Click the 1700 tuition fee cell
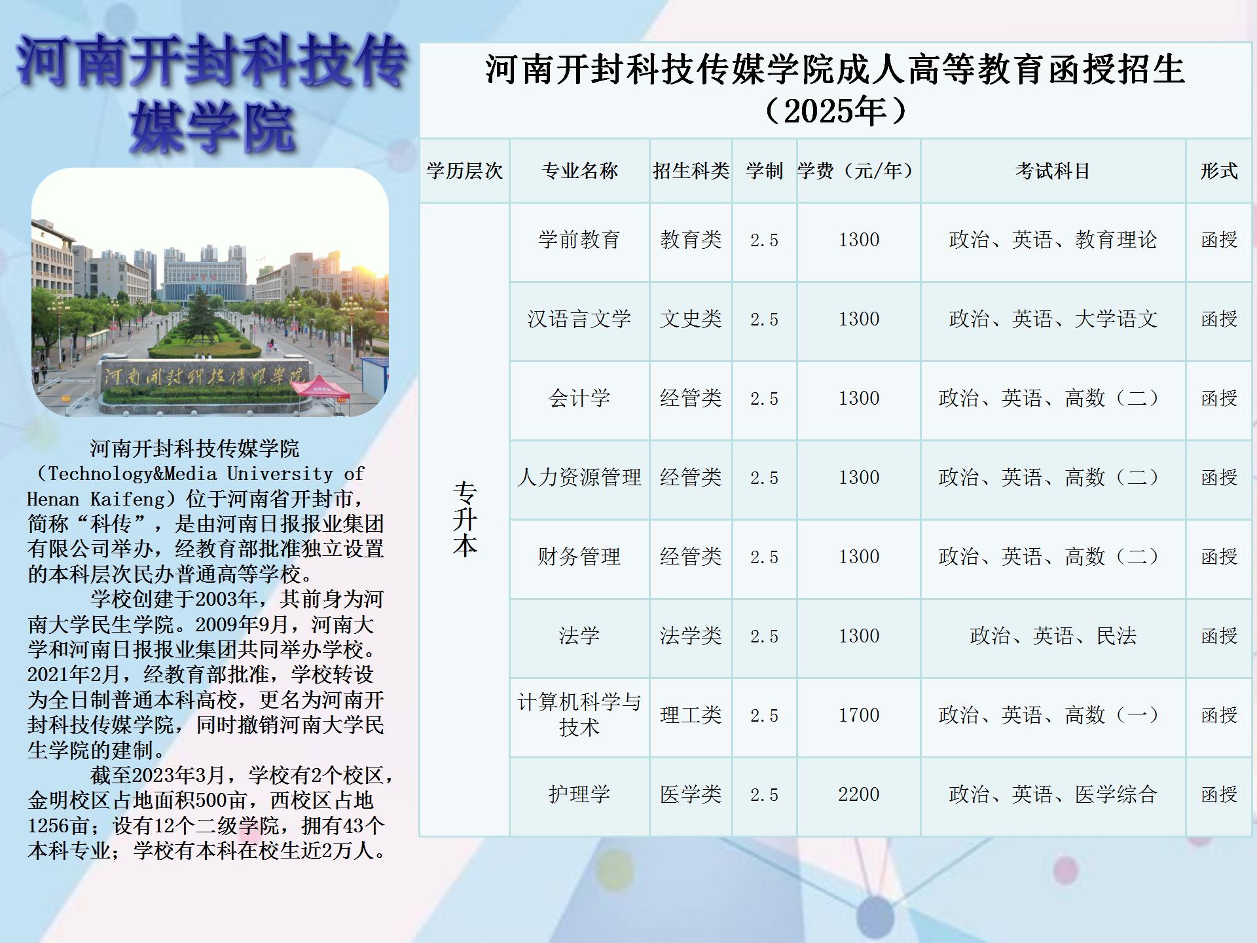tap(859, 715)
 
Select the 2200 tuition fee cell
tap(859, 794)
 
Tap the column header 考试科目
tap(1053, 171)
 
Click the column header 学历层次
tap(464, 171)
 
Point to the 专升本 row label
tap(465, 520)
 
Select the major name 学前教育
tap(579, 240)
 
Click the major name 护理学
tap(579, 794)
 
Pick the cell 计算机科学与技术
tap(579, 714)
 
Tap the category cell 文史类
tap(691, 319)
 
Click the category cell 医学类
tap(691, 794)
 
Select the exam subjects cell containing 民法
tap(1053, 636)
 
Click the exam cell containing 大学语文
tap(1053, 319)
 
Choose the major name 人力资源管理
tap(579, 477)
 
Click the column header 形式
tap(1219, 171)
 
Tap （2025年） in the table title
tap(836, 111)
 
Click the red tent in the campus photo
tap(320, 388)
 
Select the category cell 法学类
tap(691, 636)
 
